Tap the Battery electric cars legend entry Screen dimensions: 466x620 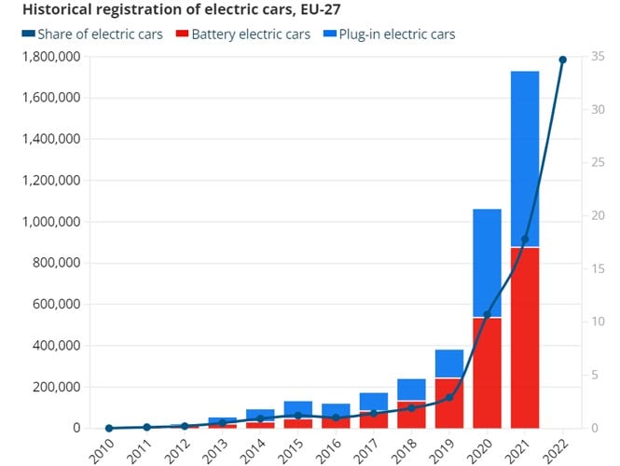click(x=251, y=34)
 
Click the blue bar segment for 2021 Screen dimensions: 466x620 click(x=524, y=158)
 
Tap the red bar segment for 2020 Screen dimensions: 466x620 click(x=487, y=373)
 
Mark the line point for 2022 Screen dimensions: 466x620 click(x=562, y=60)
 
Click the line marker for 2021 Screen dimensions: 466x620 click(x=525, y=240)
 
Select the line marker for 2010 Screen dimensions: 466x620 click(x=109, y=428)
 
